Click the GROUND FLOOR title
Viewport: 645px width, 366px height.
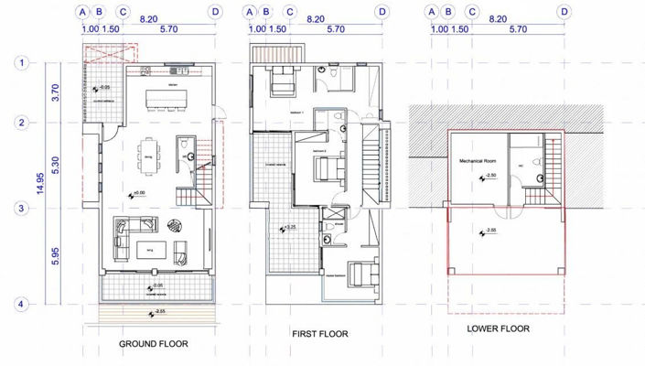153,345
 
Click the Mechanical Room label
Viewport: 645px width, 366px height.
476,160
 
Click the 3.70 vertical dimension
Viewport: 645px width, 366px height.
55,91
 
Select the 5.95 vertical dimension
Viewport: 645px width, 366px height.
55,256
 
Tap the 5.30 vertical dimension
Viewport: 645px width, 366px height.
55,166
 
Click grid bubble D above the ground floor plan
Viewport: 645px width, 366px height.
215,12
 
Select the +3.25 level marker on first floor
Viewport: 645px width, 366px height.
286,228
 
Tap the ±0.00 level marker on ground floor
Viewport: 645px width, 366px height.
136,193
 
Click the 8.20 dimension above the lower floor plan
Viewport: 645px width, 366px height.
498,17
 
